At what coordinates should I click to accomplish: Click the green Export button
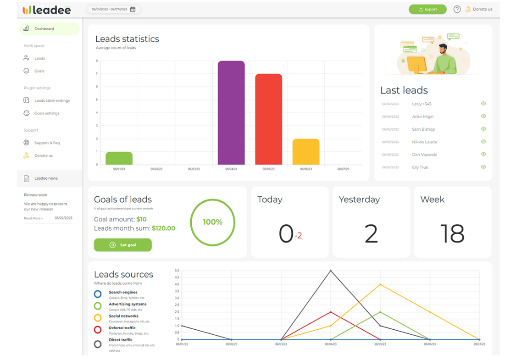427,9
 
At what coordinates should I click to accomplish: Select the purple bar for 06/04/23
231,113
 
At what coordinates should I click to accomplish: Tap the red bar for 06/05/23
268,119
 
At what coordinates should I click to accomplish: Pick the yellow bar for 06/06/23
306,152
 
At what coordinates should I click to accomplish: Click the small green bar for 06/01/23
119,158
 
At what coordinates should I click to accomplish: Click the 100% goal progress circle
212,222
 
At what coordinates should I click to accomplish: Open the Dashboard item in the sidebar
44,29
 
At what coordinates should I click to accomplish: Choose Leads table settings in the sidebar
52,101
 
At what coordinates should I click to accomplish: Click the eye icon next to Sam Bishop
483,129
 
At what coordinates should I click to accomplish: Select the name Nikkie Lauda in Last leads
424,142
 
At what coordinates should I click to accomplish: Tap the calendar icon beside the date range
133,9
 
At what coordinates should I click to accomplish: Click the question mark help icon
457,9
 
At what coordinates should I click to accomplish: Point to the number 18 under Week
452,233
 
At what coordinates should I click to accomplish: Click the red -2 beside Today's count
298,236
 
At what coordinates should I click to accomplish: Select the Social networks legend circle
98,318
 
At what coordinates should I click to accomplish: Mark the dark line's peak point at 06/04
331,271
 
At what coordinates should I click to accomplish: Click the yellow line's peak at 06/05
380,284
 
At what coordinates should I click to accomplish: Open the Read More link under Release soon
33,218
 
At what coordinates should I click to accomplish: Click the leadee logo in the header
47,10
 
